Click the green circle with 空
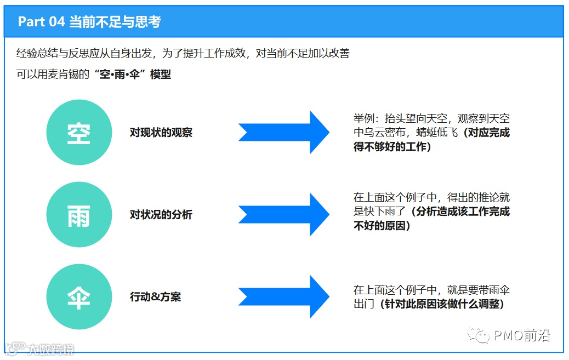(x=78, y=133)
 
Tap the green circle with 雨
(x=78, y=215)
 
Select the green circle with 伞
(x=78, y=297)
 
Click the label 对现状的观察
(x=161, y=133)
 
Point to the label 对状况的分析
(x=161, y=215)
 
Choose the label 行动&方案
(x=155, y=297)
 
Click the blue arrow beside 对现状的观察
(x=283, y=133)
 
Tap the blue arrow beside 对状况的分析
(x=283, y=215)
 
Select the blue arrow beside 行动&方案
(x=283, y=297)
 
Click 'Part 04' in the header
(x=41, y=22)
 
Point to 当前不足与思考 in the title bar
(x=115, y=22)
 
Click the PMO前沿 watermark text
(x=521, y=335)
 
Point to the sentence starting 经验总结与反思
(x=183, y=54)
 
